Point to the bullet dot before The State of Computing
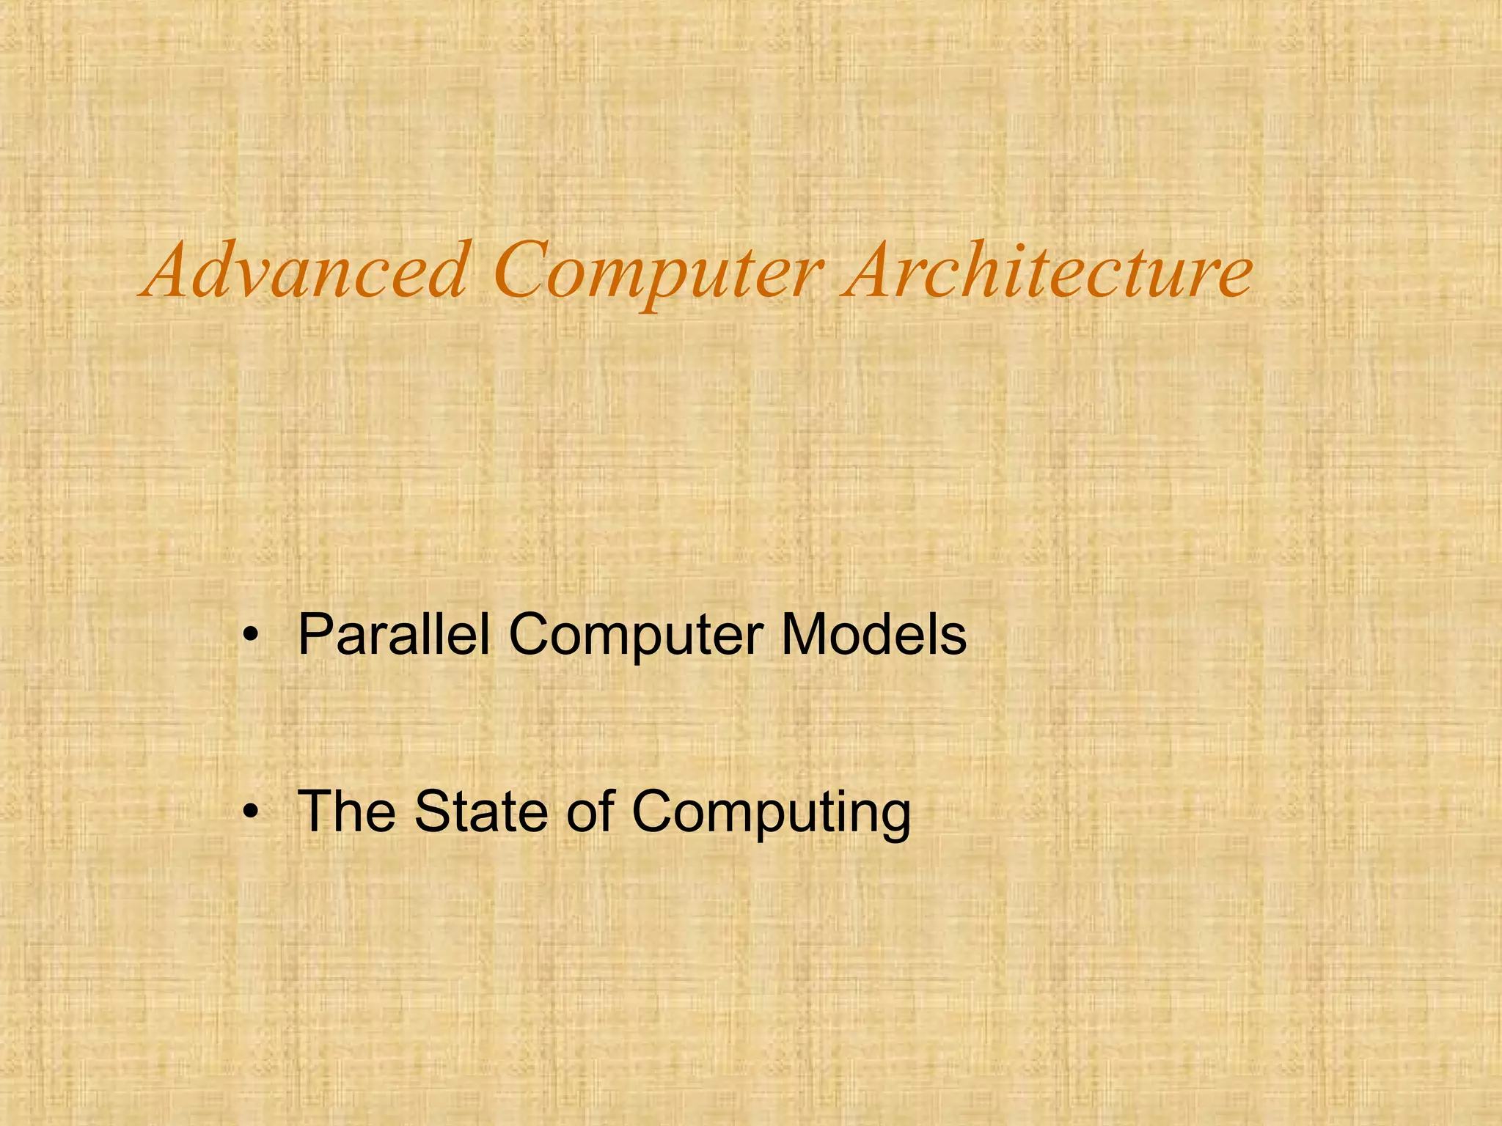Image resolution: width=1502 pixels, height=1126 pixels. coord(252,812)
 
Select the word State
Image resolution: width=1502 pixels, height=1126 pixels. coord(481,811)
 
